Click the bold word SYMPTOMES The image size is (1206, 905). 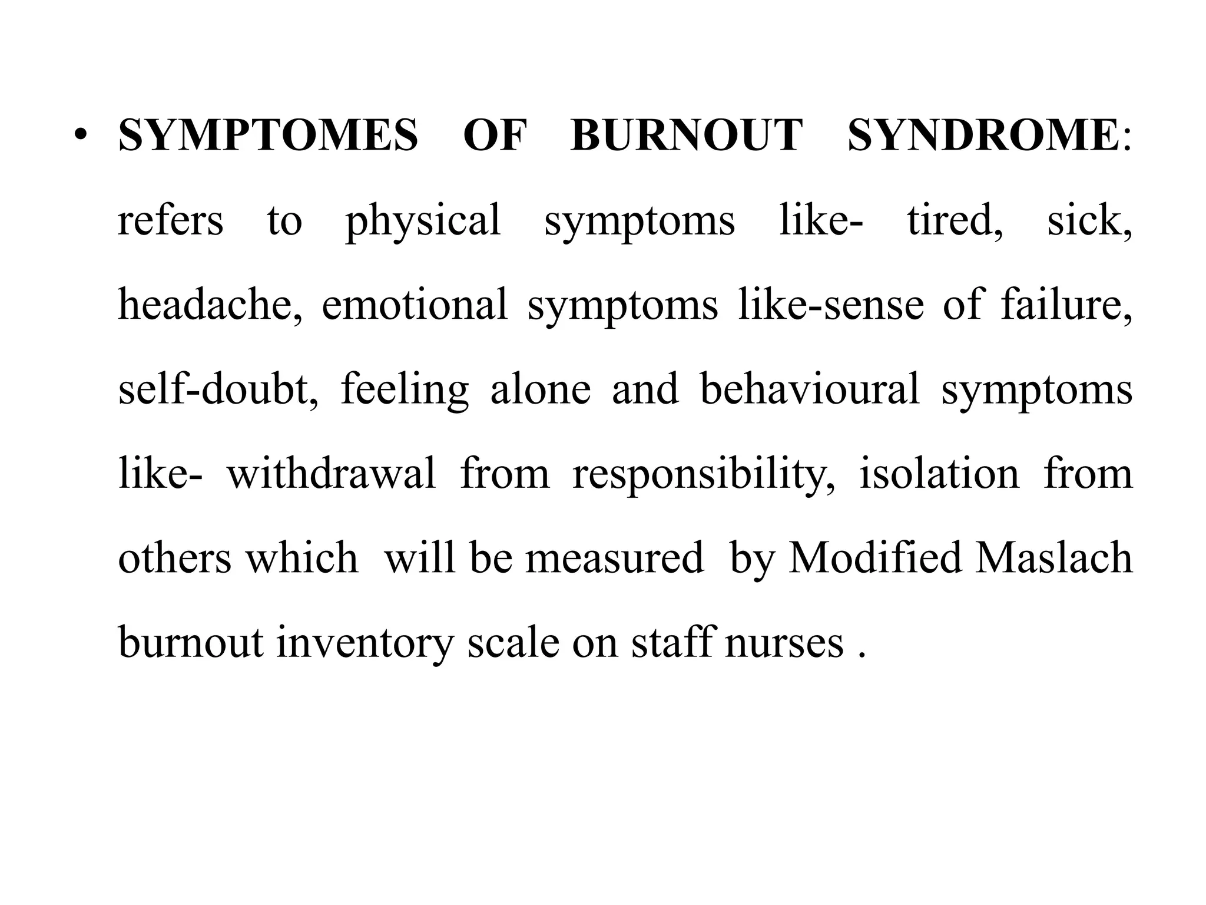(268, 136)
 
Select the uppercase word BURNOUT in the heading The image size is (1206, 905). (687, 136)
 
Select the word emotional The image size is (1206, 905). (415, 305)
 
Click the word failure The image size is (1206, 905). (1066, 305)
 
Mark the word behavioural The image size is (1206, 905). (809, 389)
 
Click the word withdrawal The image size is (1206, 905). (332, 474)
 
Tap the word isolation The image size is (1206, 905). (939, 474)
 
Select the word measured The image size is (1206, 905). (614, 558)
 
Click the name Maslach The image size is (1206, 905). (1053, 558)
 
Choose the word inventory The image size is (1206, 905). (365, 643)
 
